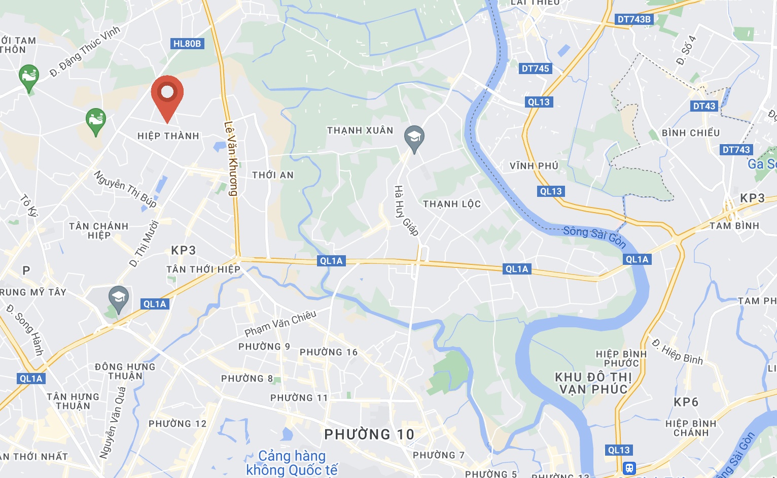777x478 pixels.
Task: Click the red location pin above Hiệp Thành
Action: [x=167, y=94]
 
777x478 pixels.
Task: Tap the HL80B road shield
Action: [x=187, y=44]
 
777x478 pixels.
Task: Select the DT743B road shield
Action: [x=633, y=19]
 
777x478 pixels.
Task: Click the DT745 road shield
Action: [x=535, y=69]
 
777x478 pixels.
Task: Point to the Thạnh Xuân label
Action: [x=360, y=130]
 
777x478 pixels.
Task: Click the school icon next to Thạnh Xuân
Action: [x=414, y=138]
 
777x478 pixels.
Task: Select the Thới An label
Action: [x=273, y=175]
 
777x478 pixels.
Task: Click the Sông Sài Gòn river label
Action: [x=594, y=236]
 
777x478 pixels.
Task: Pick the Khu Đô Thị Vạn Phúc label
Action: [x=593, y=383]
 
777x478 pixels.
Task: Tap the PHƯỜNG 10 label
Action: [x=369, y=434]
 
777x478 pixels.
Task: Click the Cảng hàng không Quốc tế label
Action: [x=292, y=463]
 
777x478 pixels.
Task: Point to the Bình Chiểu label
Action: [x=691, y=133]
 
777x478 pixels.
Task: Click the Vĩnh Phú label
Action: [x=534, y=166]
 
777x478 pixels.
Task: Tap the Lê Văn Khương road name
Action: [x=231, y=158]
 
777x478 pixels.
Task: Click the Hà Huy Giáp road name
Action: [x=406, y=211]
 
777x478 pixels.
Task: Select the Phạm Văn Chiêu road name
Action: [x=280, y=324]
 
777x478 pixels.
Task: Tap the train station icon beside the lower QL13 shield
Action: [x=629, y=467]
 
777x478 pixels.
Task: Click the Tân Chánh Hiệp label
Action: [x=99, y=230]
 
